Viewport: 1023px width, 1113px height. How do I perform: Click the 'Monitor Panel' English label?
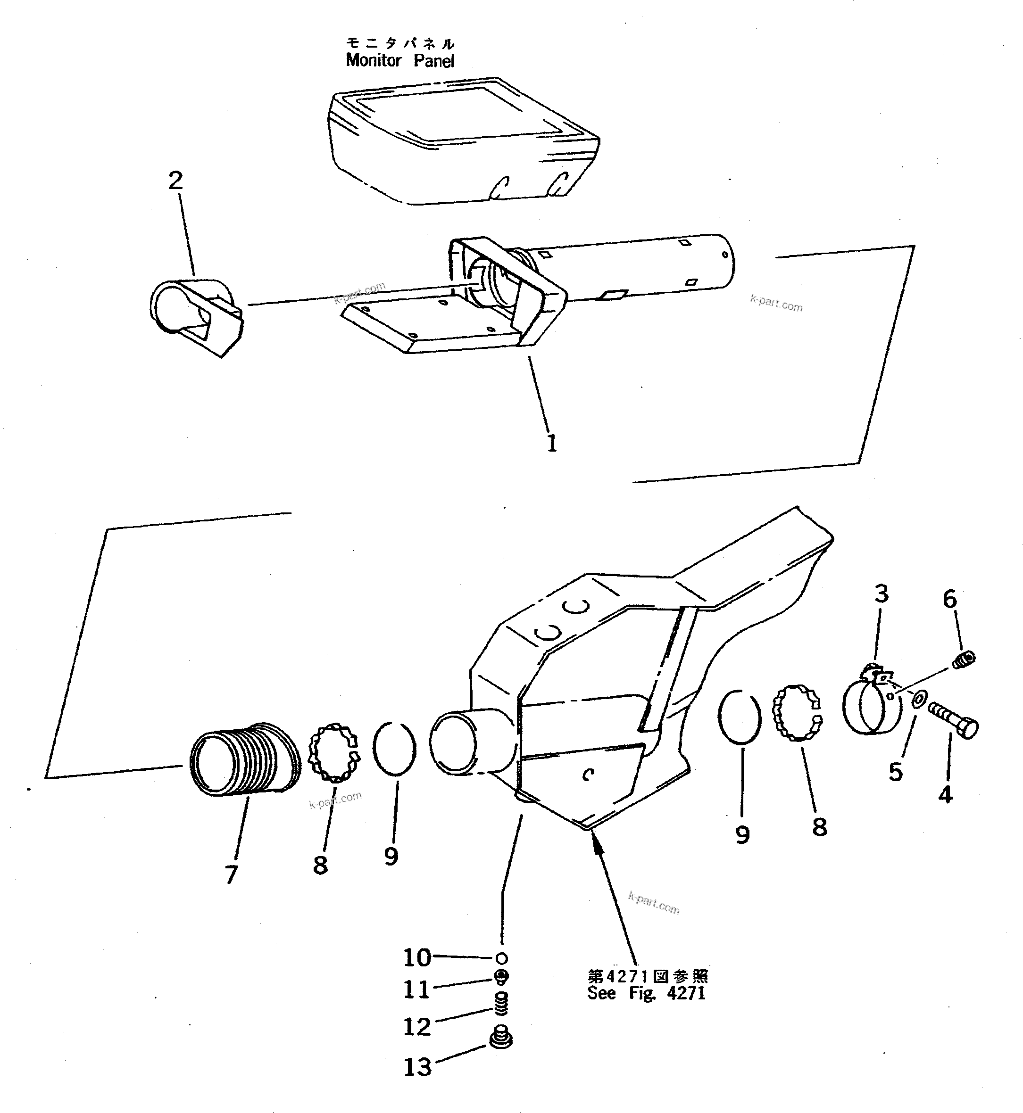tap(399, 61)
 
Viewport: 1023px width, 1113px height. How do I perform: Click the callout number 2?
tap(175, 181)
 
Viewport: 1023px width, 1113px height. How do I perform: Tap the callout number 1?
tap(552, 443)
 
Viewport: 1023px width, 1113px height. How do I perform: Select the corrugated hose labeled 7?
tap(243, 759)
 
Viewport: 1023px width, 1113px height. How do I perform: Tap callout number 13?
tap(417, 1068)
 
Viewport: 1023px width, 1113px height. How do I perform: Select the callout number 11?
tap(416, 990)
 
